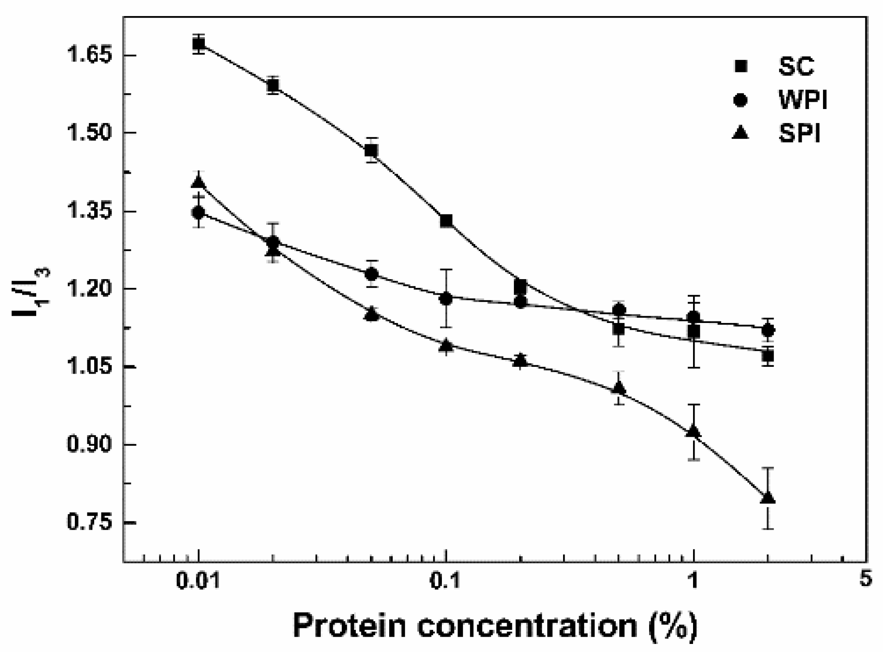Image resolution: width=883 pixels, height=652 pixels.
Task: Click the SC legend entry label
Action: pos(796,66)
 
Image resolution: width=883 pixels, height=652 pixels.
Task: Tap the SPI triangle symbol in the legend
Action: pos(740,132)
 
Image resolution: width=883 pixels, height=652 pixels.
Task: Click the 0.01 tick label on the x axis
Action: pos(198,582)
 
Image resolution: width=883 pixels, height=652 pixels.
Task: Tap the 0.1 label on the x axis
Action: pos(445,582)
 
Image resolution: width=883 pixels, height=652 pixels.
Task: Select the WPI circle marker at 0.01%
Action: pos(198,212)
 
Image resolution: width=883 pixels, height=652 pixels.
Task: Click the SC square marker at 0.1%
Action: pos(446,221)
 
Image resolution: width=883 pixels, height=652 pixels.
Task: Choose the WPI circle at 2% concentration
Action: pos(768,330)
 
